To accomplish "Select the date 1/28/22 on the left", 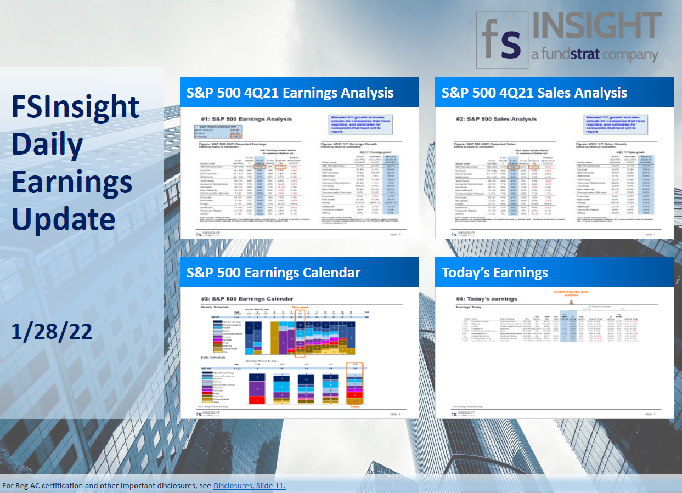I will pos(52,332).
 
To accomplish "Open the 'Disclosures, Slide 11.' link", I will pos(249,486).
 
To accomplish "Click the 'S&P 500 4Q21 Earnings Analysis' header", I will pos(290,92).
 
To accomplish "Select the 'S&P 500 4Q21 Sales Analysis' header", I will pos(534,92).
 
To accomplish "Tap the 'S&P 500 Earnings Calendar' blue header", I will pos(274,272).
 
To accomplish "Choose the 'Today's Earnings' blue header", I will pos(495,272).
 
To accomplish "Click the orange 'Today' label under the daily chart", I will pos(356,406).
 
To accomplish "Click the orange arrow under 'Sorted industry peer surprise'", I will pos(571,301).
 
